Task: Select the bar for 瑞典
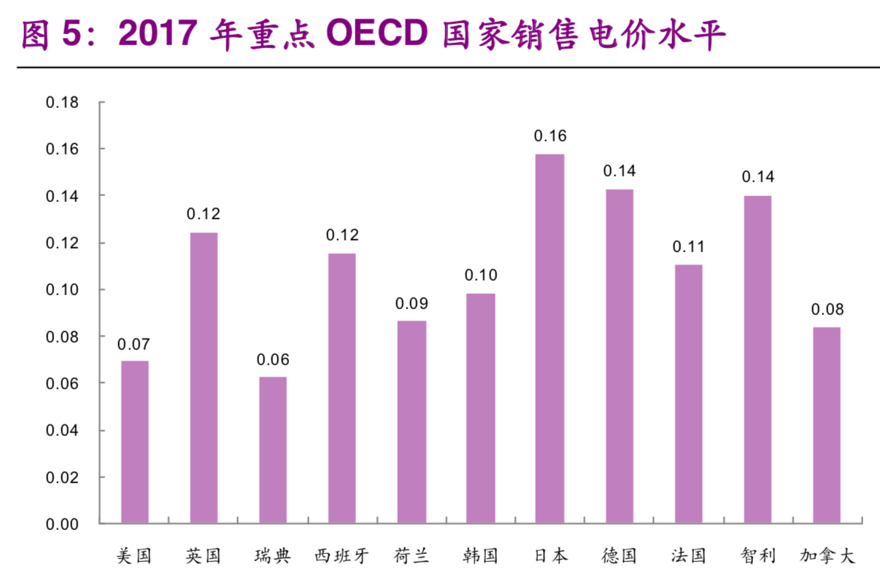pos(273,450)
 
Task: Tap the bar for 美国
pos(134,442)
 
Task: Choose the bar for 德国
pos(619,356)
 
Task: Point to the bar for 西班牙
pos(342,388)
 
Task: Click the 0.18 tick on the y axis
pos(62,102)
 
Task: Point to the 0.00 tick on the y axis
pos(62,524)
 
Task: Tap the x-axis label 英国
pos(204,557)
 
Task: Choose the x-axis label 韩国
pos(480,557)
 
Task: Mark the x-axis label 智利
pos(757,557)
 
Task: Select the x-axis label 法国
pos(688,557)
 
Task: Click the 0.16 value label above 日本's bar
pos(550,136)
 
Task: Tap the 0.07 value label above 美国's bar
pos(134,343)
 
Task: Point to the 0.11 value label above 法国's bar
pos(688,247)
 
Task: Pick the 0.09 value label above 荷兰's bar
pos(412,303)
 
